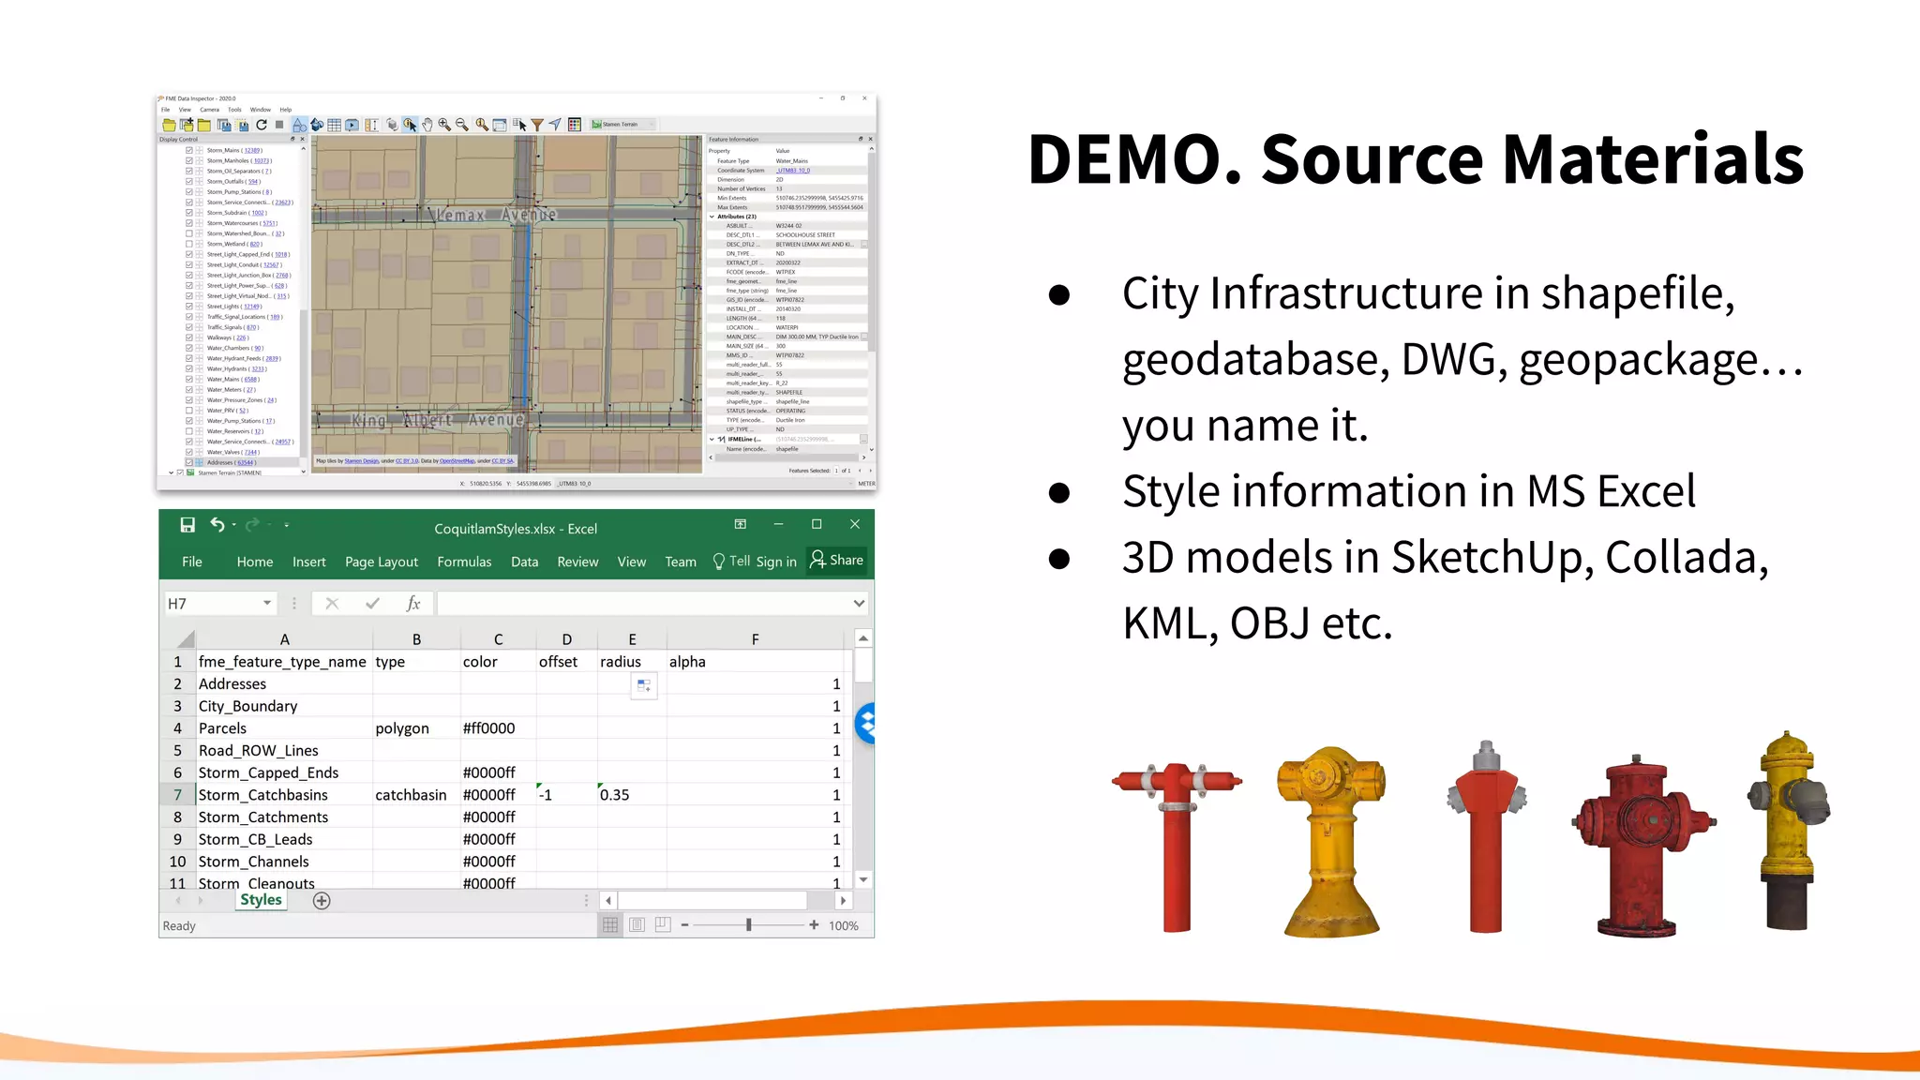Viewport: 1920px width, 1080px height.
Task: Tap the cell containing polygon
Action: click(x=402, y=728)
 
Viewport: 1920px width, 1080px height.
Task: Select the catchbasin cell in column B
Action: click(x=411, y=795)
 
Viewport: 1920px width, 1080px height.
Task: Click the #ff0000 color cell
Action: click(x=488, y=728)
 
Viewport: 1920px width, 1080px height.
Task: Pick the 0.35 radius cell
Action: click(x=615, y=795)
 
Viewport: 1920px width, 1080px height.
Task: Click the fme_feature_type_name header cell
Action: click(x=282, y=662)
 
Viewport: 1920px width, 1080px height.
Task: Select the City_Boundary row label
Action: click(x=247, y=706)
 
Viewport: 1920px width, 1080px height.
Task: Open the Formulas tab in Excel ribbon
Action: click(x=464, y=562)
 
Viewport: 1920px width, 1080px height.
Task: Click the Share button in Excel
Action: click(x=837, y=560)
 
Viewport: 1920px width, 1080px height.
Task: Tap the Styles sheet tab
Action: click(x=261, y=900)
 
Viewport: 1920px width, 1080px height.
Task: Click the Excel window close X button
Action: click(x=854, y=524)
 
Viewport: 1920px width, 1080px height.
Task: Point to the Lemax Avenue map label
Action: click(x=496, y=216)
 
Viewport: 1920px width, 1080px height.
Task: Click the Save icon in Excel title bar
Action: click(x=187, y=525)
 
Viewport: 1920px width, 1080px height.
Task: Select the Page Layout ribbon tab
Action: click(x=381, y=562)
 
